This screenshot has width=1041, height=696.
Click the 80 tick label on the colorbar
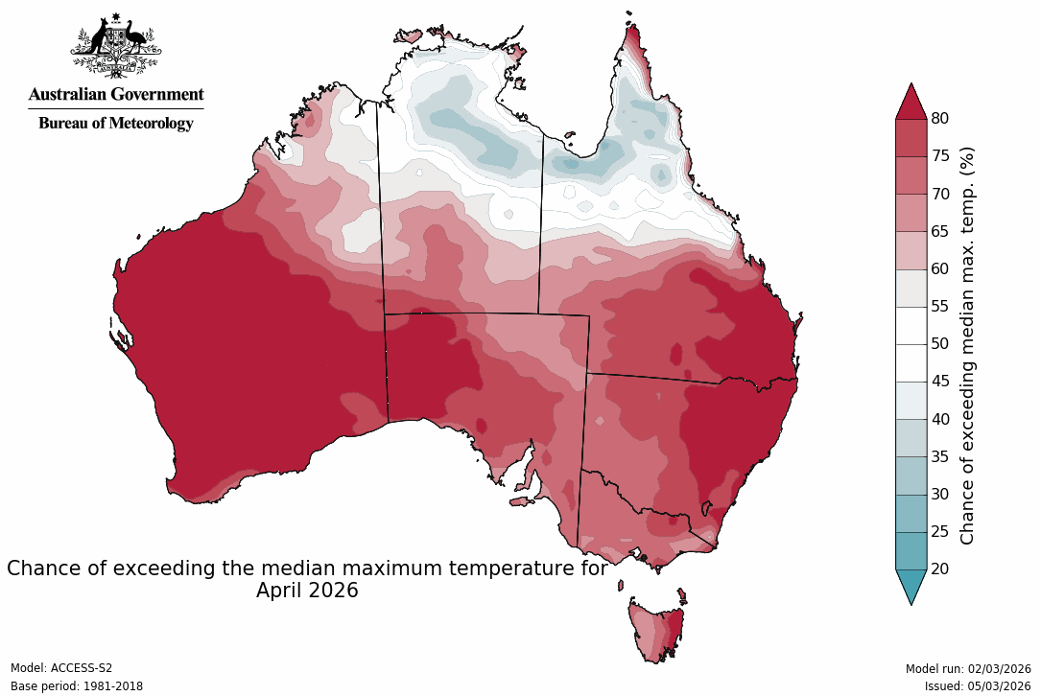click(940, 119)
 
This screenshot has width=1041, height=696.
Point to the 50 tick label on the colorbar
click(940, 344)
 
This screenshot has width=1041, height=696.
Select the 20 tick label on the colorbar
click(940, 569)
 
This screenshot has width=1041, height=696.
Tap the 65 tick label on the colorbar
click(940, 232)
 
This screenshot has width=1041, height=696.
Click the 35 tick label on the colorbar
click(940, 457)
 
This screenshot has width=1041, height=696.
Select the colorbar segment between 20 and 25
click(911, 550)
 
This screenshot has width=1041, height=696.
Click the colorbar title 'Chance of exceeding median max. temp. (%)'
click(968, 345)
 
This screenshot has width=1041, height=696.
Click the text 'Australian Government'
click(116, 95)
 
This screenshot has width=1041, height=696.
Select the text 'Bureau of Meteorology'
click(116, 123)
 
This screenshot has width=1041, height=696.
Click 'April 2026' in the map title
click(307, 591)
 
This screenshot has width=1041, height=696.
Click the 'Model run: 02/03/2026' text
click(968, 668)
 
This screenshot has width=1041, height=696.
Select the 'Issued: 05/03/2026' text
click(978, 686)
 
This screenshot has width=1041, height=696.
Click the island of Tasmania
click(657, 628)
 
